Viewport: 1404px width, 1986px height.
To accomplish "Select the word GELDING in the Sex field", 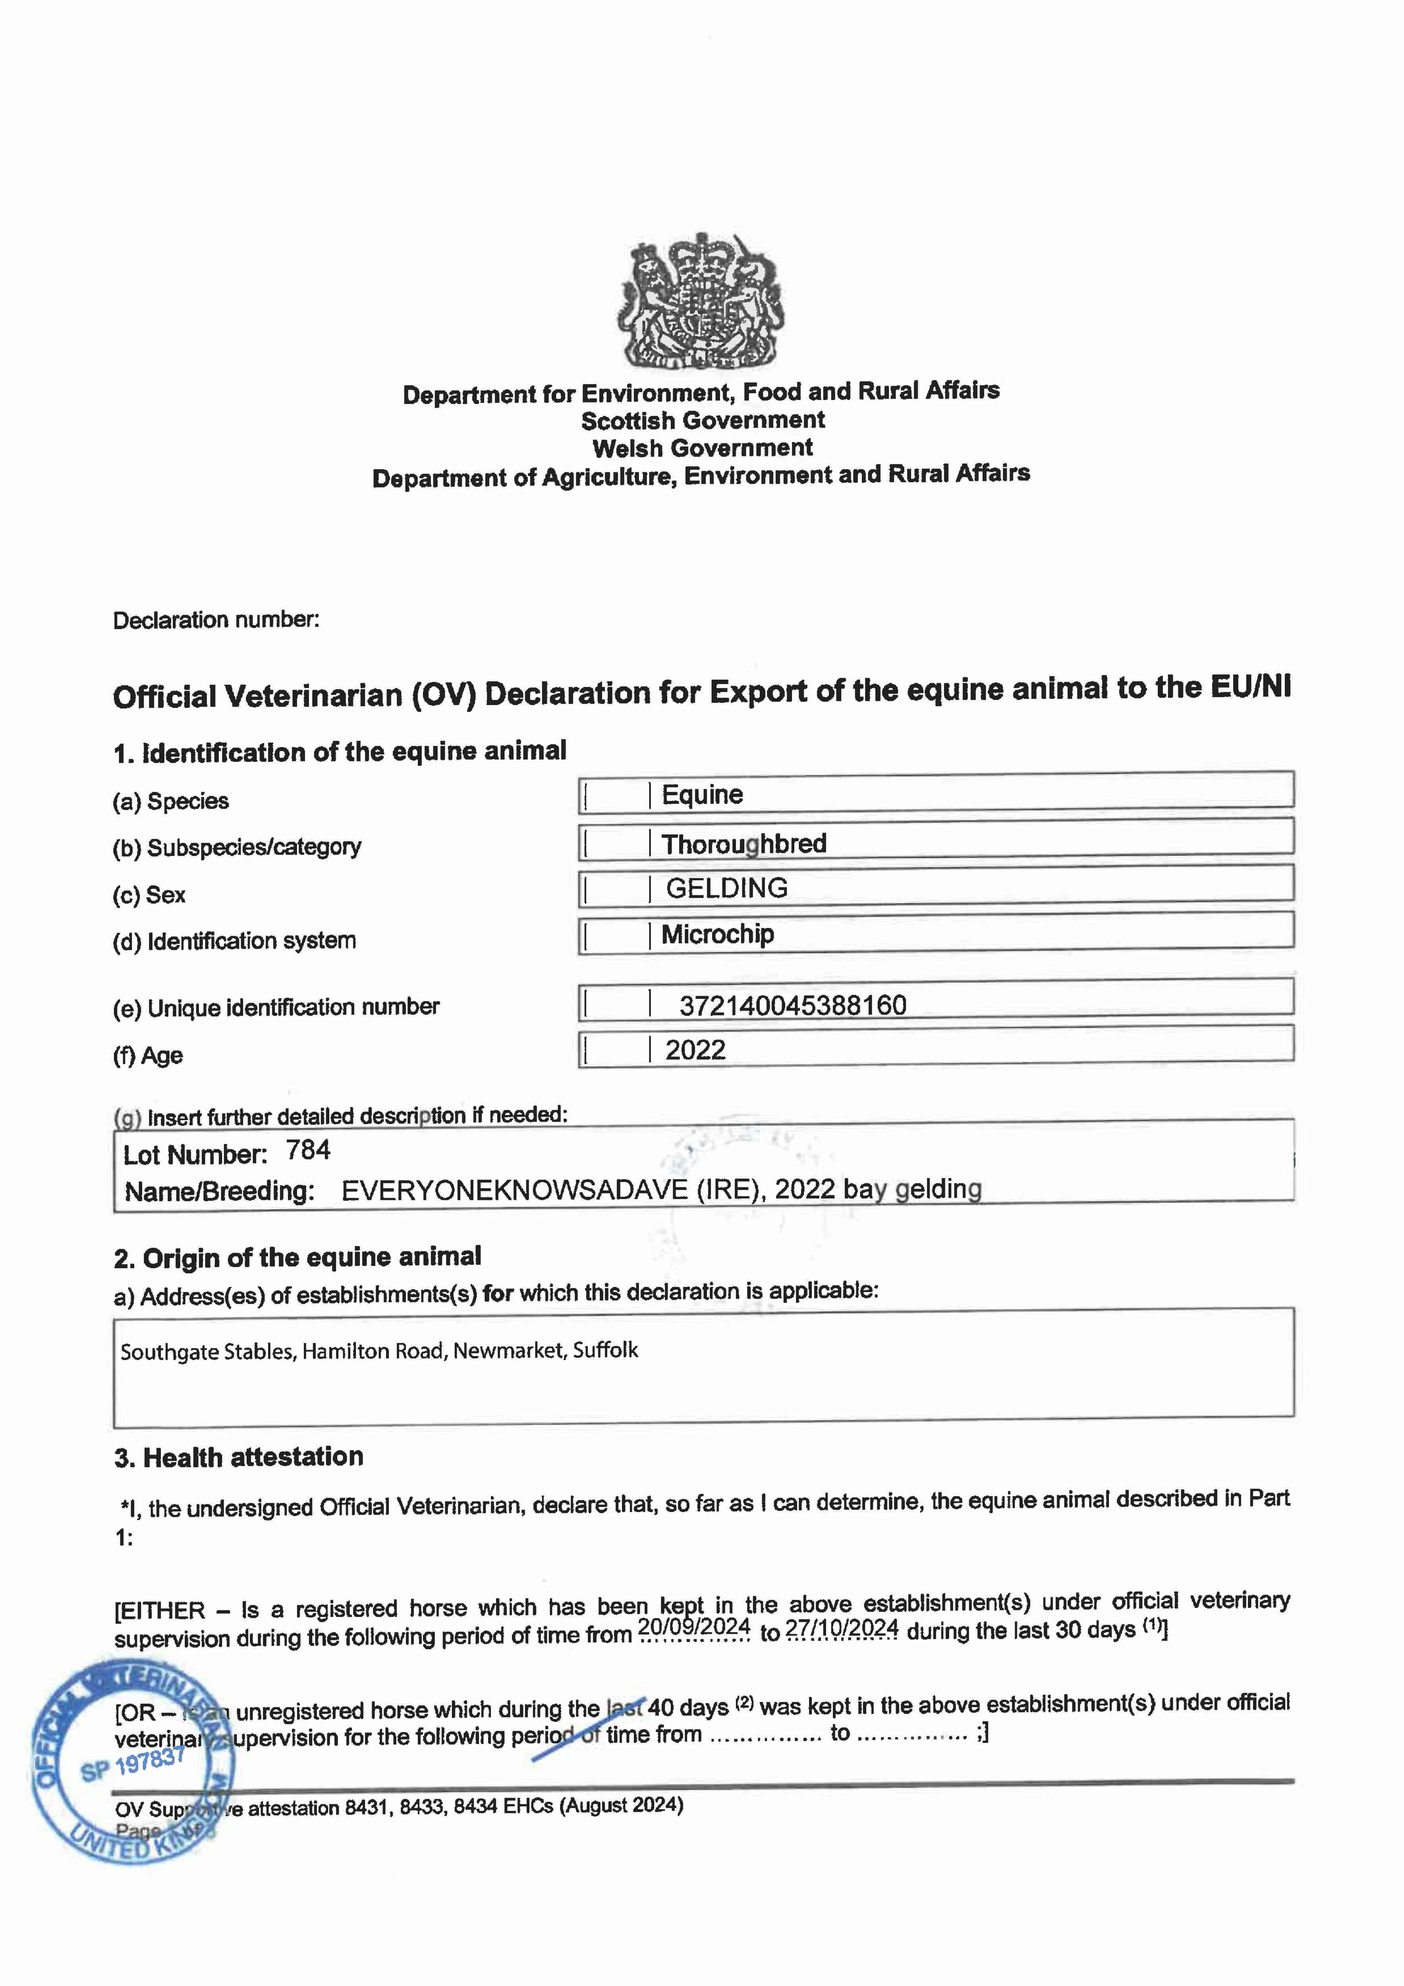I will [727, 888].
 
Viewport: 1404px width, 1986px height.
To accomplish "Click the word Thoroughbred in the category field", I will [744, 843].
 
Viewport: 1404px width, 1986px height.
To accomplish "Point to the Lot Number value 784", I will [309, 1150].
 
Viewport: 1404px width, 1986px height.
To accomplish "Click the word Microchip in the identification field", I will [718, 934].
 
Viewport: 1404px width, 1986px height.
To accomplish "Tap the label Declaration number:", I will [216, 620].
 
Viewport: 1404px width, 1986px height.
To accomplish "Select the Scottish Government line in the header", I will [703, 420].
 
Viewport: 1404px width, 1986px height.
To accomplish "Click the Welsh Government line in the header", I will [703, 448].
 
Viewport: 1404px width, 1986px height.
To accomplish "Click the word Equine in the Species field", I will [703, 795].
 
